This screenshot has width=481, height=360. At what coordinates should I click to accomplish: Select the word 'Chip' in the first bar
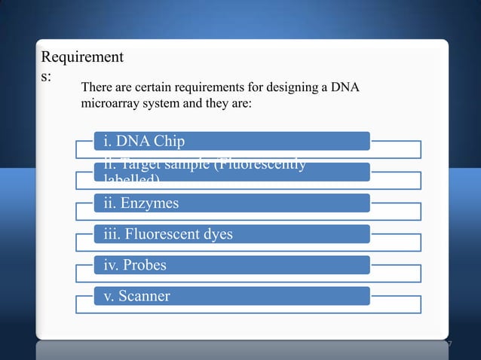(167, 141)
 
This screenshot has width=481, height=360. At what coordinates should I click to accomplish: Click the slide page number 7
(449, 345)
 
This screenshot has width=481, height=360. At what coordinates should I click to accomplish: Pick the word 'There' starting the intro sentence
(96, 88)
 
